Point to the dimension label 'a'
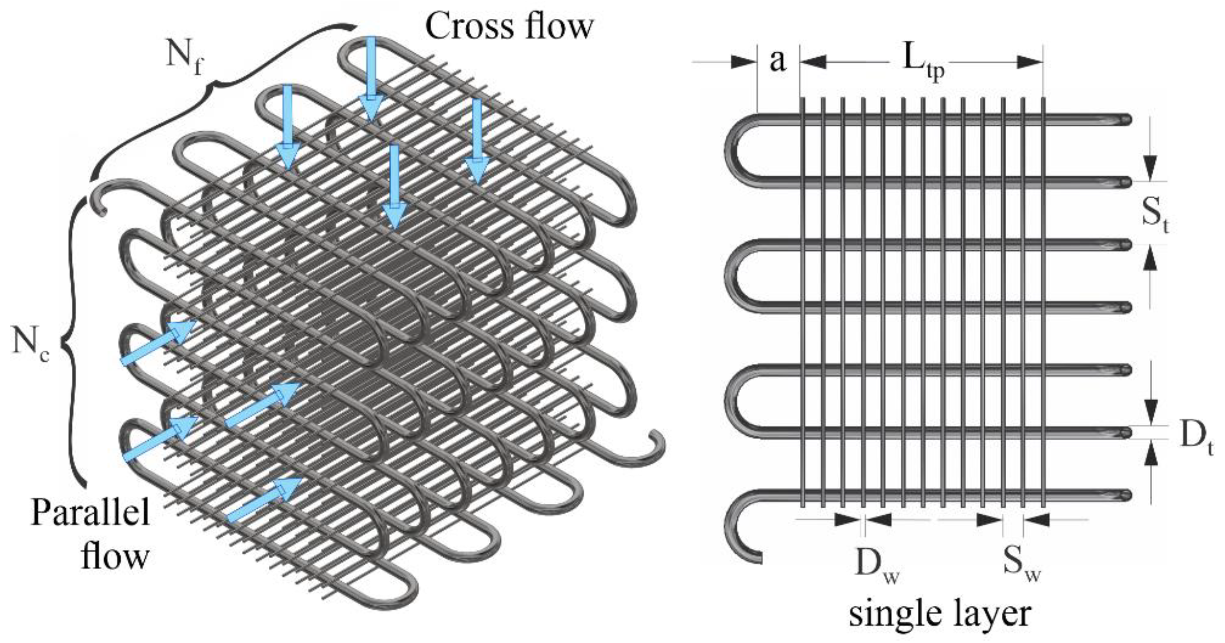pos(777,62)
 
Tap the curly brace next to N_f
pos(219,90)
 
